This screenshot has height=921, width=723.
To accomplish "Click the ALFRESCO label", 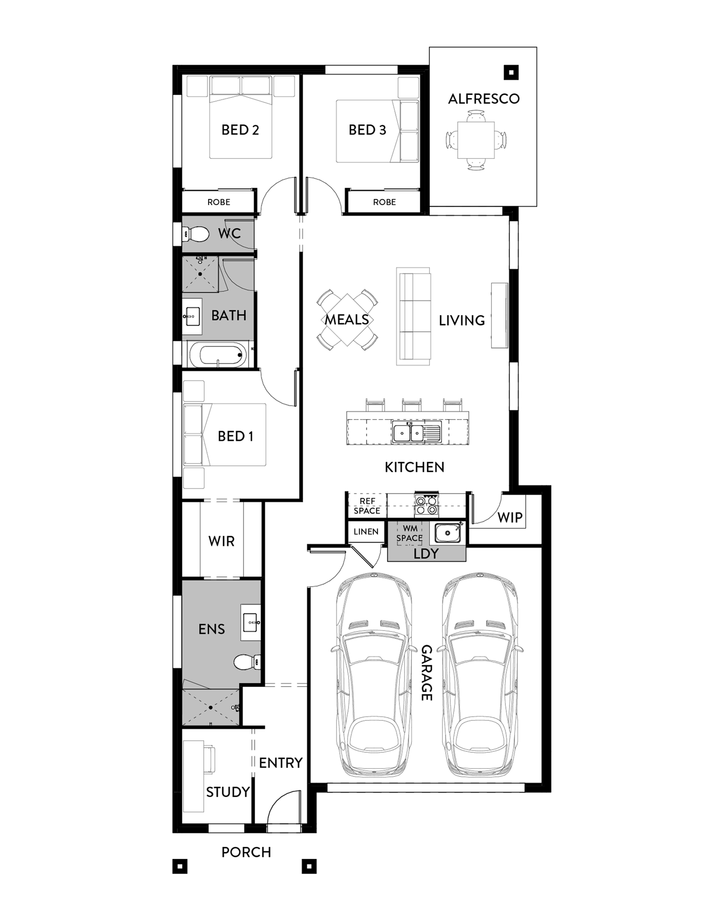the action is [x=483, y=99].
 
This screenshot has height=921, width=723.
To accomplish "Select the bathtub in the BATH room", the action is [x=217, y=354].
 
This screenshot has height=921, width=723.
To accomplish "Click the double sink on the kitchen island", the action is [x=417, y=432].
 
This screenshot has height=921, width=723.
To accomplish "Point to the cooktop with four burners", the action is [x=426, y=505].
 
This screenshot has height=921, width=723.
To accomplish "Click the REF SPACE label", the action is [x=367, y=506].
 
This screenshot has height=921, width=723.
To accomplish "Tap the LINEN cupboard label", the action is [x=366, y=532].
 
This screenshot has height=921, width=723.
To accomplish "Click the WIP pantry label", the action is [x=510, y=517].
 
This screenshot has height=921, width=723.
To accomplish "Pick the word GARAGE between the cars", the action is [x=426, y=673].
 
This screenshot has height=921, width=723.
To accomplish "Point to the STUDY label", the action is [x=228, y=792].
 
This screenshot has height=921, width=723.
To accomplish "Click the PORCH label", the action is [x=246, y=852].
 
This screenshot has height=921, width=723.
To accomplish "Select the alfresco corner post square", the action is [x=511, y=72].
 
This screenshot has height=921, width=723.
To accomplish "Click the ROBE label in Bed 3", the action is [x=384, y=202].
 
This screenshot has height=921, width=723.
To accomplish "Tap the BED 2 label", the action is [x=240, y=130].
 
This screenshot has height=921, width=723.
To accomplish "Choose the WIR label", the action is [x=221, y=541].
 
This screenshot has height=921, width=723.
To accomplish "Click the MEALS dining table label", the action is [x=347, y=319].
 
